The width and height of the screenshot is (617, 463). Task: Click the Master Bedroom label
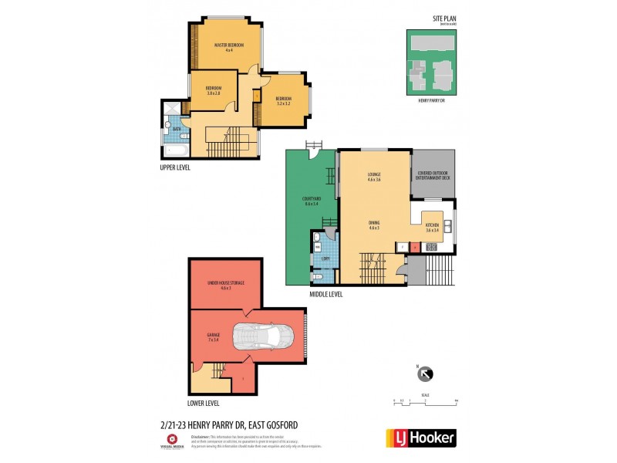tap(229, 48)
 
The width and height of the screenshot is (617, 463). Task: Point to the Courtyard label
tap(312, 202)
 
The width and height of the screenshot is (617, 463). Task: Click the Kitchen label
tap(432, 228)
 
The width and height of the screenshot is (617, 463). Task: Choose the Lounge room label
tap(374, 177)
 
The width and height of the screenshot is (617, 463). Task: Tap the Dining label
tap(374, 225)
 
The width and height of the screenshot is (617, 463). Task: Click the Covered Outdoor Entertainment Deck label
tap(433, 174)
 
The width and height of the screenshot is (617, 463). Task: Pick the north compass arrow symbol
tap(424, 374)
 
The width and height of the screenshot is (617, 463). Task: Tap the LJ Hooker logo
tap(420, 438)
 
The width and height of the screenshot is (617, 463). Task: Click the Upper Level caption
tap(175, 167)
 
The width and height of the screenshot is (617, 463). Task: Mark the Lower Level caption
tap(204, 403)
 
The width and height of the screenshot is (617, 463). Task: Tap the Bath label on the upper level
tap(177, 129)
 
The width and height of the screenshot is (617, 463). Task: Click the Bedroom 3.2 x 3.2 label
tap(283, 100)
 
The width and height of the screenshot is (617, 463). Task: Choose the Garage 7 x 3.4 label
tap(213, 336)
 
